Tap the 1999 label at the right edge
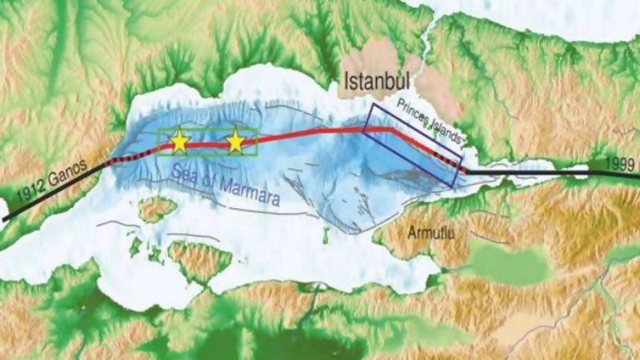tap(620, 162)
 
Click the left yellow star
tap(179, 142)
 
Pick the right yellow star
tap(235, 142)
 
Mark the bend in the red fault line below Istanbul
tap(390, 128)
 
